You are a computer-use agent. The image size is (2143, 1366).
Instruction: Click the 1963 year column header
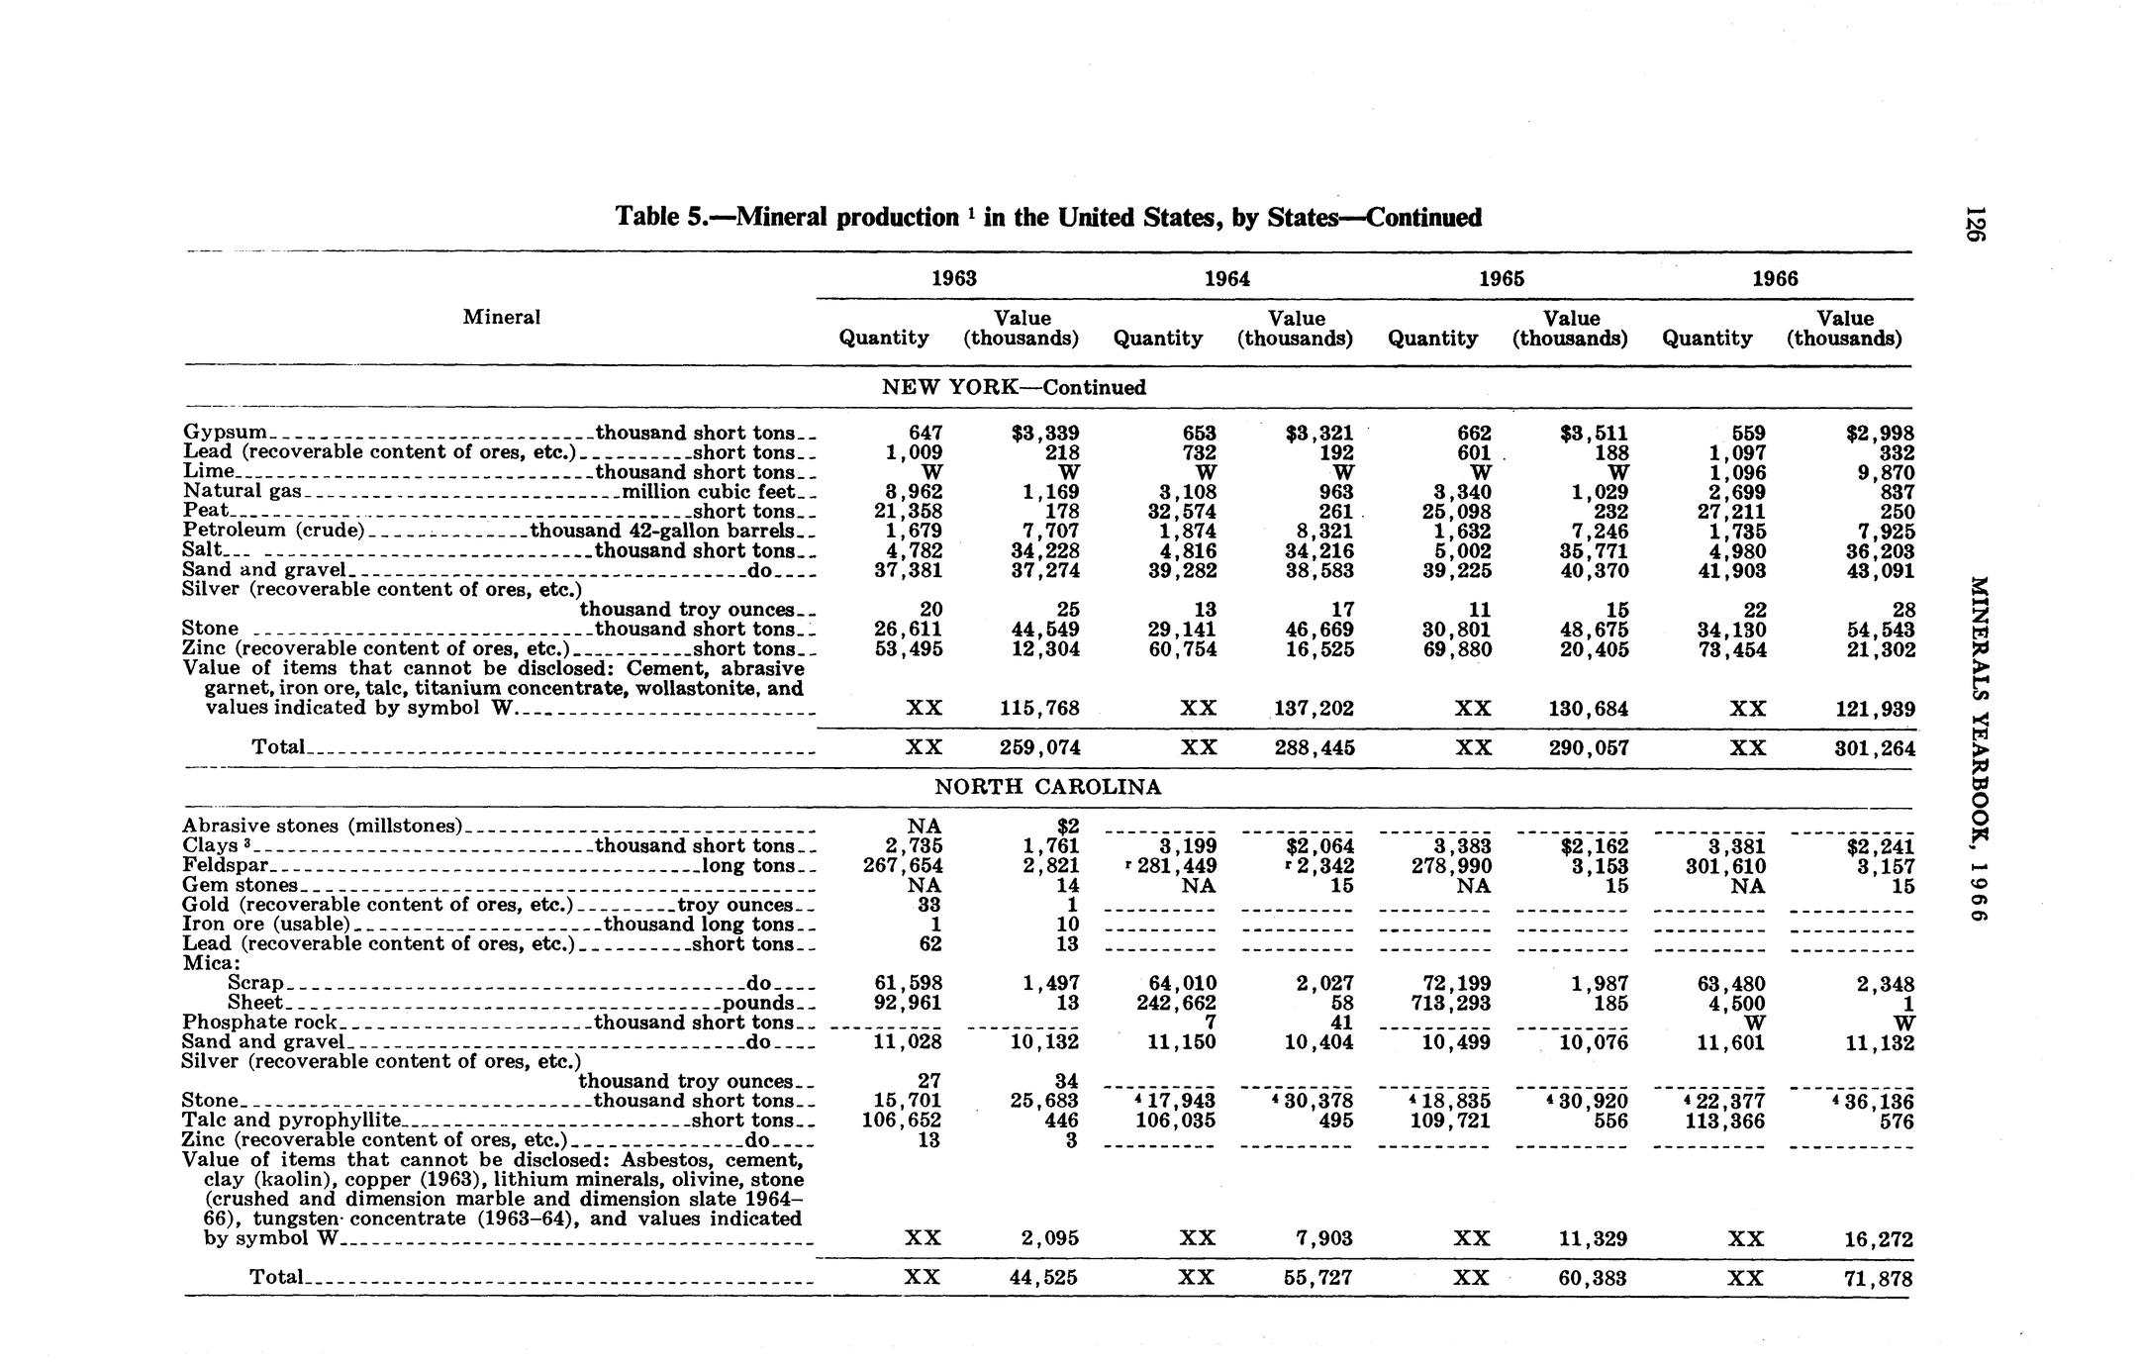[954, 279]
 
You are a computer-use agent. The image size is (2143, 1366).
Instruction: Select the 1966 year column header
[1775, 279]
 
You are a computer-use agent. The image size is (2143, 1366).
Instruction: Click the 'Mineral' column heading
[501, 317]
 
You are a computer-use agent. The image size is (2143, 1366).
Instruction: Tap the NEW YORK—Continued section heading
[1014, 388]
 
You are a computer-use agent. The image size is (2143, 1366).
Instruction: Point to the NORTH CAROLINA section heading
[1048, 788]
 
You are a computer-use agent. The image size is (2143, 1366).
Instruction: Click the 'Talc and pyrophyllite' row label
[292, 1121]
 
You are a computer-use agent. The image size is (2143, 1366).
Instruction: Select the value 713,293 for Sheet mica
[1452, 1003]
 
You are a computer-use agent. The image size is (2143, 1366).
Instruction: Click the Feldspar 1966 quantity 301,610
[1726, 866]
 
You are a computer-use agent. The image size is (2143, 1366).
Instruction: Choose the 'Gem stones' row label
[241, 885]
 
